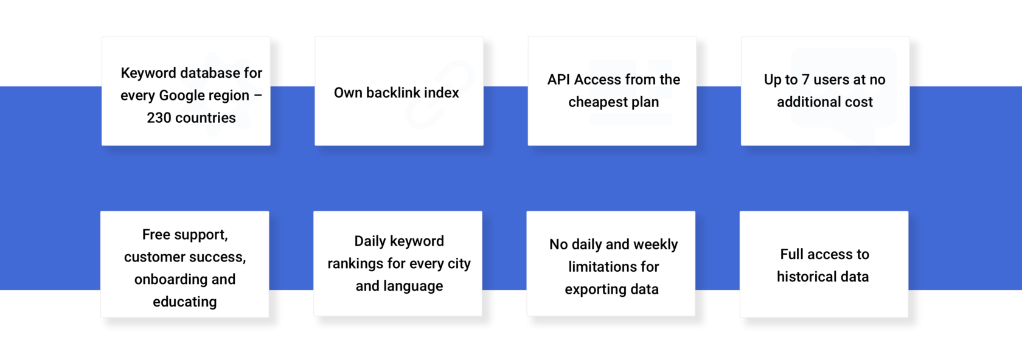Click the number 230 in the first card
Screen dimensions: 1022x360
tap(159, 118)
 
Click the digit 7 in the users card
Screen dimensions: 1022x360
tap(805, 80)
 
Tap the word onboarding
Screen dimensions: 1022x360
tap(167, 279)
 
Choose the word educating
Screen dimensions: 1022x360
tap(185, 302)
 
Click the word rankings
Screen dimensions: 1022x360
tap(355, 264)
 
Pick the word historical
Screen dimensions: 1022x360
tap(802, 277)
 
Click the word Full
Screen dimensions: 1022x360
tap(791, 254)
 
